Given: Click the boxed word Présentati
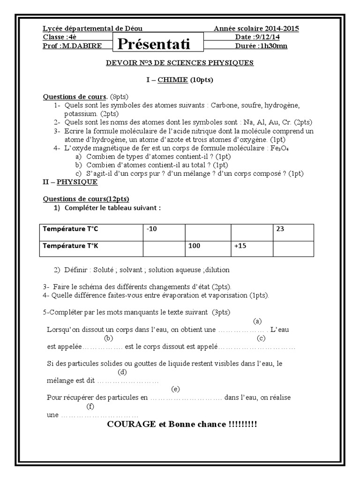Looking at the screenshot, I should (x=153, y=44).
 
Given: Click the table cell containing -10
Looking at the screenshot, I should (x=164, y=229).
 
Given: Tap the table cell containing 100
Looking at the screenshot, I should (x=207, y=245).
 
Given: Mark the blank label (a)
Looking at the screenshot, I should (x=257, y=321).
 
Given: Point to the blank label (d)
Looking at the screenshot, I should (x=123, y=372).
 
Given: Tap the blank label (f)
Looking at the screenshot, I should (x=91, y=406).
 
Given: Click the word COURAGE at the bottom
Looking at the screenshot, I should (x=131, y=424).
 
